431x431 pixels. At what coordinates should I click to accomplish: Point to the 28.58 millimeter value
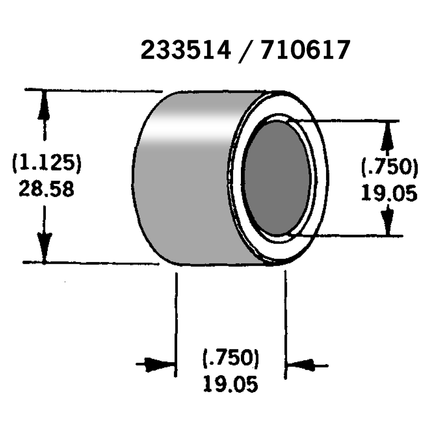click(46, 188)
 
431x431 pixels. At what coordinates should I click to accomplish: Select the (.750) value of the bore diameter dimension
click(389, 168)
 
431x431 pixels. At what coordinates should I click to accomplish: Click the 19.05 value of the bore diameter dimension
click(389, 194)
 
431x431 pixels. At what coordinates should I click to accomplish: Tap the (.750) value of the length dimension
click(230, 358)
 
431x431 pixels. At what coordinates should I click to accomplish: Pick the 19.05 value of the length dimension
click(230, 383)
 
